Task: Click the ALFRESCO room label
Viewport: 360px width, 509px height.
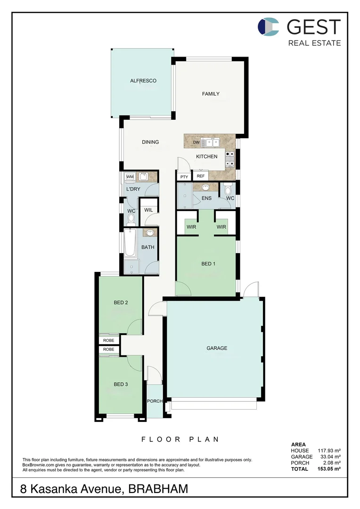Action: click(x=143, y=81)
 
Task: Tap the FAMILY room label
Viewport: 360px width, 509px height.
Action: click(x=211, y=94)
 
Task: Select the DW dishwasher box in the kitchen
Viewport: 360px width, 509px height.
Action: click(x=196, y=142)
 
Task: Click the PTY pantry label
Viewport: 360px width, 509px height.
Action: click(x=184, y=176)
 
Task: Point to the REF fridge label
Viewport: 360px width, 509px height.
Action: click(x=201, y=176)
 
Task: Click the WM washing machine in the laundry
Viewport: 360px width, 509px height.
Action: click(x=130, y=177)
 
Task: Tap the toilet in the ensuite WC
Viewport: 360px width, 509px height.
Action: click(x=228, y=190)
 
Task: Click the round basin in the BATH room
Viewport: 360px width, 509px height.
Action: click(x=150, y=233)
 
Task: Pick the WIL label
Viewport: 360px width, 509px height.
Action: click(x=148, y=210)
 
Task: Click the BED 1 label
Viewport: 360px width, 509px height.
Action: click(x=208, y=263)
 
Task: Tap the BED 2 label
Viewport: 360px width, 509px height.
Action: click(x=121, y=303)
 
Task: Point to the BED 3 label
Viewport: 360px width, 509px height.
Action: click(x=121, y=384)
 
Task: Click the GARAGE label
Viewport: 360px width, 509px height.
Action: click(x=217, y=348)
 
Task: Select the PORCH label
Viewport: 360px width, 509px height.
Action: click(x=155, y=401)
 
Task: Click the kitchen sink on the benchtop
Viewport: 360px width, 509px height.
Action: click(x=210, y=142)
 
